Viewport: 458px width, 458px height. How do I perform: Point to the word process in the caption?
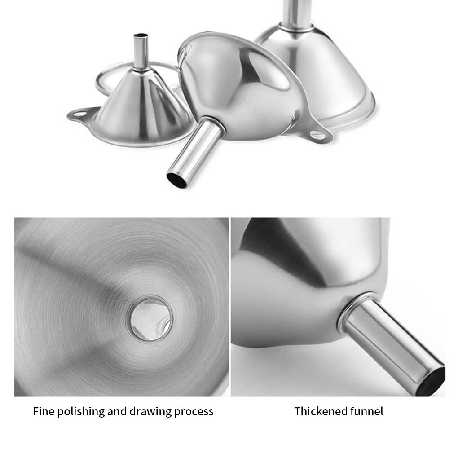pyautogui.click(x=193, y=411)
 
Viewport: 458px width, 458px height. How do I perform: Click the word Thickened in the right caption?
pyautogui.click(x=319, y=411)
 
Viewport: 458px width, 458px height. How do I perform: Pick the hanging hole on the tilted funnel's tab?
pyautogui.click(x=317, y=134)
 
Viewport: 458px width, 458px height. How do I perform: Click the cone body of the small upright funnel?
pyautogui.click(x=139, y=108)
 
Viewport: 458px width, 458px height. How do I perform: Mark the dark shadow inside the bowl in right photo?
pyautogui.click(x=287, y=256)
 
